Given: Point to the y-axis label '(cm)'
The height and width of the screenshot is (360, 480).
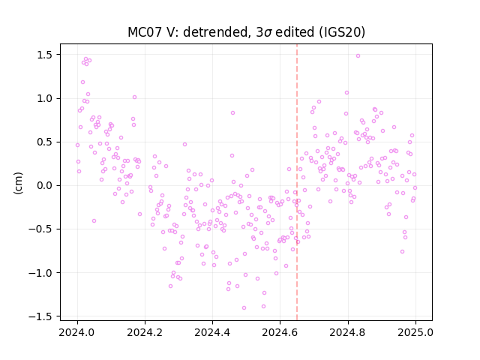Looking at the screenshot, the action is [x=18, y=183].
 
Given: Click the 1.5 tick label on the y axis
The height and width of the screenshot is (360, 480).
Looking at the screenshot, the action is [x=45, y=55].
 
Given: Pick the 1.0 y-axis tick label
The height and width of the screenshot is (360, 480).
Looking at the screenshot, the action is [x=45, y=98].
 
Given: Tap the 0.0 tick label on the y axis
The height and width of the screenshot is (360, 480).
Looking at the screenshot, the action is [x=45, y=185].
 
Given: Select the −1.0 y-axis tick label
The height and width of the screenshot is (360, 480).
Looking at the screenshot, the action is [x=41, y=273].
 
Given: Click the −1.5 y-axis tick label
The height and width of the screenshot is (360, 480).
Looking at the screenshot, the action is [x=41, y=316].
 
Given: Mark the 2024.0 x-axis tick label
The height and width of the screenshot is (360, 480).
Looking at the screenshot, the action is [x=77, y=332].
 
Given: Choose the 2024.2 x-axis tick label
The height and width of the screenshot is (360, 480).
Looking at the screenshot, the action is [x=145, y=332].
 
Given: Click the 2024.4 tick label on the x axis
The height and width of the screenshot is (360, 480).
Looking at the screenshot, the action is [x=212, y=332].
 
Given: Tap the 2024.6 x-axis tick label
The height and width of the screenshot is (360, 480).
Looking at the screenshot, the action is [x=280, y=332].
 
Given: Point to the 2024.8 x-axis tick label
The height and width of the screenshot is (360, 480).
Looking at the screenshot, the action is [x=348, y=332].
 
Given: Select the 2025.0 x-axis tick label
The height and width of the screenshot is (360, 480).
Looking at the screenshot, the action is [x=415, y=332].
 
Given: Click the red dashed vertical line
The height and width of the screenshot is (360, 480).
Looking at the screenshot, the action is [x=297, y=182].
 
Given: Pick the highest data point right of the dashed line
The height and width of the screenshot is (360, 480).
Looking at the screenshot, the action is [x=358, y=56].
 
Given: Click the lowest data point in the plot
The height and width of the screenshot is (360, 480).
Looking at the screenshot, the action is [x=244, y=308].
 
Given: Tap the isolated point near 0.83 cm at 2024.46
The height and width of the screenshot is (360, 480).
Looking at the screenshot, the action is [x=232, y=113].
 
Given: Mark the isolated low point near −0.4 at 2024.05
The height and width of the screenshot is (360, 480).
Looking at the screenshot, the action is [x=94, y=221].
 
